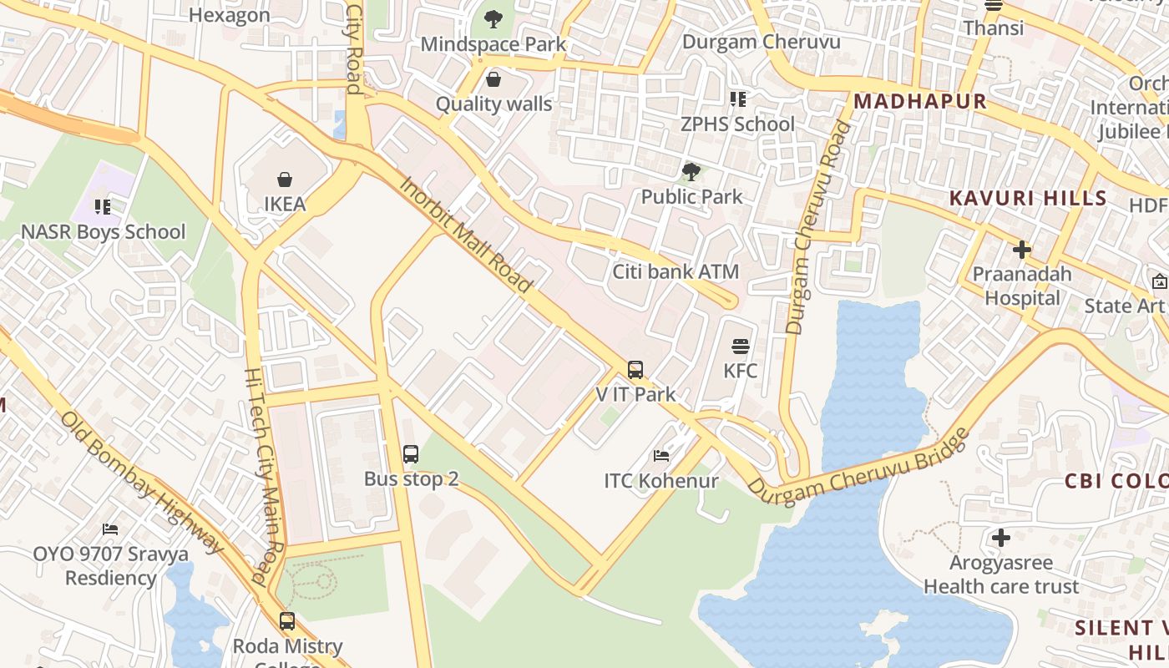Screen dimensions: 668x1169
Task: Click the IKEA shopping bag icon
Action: click(285, 180)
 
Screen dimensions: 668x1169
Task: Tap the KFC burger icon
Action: click(740, 346)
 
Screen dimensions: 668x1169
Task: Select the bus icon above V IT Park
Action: click(635, 369)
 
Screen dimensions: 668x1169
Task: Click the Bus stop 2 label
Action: click(411, 479)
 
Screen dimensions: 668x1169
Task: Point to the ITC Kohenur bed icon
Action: click(661, 456)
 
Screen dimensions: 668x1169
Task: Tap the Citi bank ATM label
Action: click(676, 271)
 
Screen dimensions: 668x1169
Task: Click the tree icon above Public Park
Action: click(691, 172)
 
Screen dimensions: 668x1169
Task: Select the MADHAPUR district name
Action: click(919, 102)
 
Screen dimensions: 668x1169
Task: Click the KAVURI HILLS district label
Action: click(1028, 199)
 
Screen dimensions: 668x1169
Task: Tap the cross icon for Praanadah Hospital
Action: click(1021, 249)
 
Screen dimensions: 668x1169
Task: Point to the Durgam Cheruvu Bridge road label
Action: click(860, 468)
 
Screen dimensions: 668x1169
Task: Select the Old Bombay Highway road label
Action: click(143, 482)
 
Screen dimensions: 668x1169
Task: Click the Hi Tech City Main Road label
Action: click(266, 476)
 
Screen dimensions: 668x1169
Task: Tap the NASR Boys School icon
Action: click(103, 206)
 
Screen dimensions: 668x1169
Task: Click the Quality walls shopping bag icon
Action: click(493, 79)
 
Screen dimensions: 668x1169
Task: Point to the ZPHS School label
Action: click(737, 124)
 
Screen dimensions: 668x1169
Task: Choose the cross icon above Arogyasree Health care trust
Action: click(1001, 538)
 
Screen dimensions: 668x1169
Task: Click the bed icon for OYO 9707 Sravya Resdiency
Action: click(110, 529)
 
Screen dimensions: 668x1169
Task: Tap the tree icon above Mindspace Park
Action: click(493, 18)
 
